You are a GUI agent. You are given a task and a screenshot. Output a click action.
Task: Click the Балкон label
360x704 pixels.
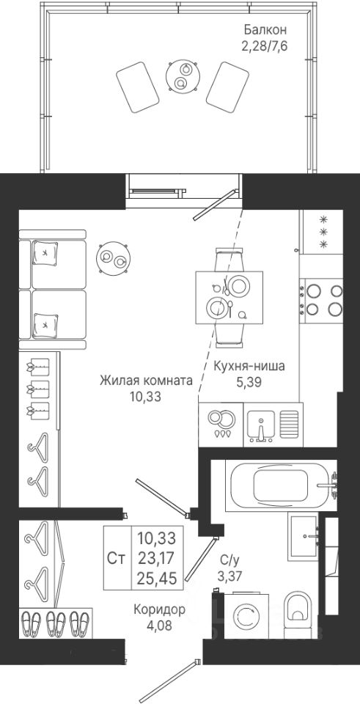tap(265, 31)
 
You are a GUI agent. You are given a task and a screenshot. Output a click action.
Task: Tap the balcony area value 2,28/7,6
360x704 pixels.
tap(264, 45)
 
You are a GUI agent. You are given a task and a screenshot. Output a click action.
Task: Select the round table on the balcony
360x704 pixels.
tap(183, 77)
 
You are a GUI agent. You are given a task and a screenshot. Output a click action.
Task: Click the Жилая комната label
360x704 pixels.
tap(146, 381)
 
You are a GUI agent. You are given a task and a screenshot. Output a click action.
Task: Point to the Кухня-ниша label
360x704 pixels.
tap(249, 367)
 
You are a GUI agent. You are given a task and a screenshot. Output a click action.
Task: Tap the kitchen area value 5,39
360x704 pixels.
tap(249, 382)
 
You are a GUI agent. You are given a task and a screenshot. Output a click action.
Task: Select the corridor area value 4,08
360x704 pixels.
tap(160, 625)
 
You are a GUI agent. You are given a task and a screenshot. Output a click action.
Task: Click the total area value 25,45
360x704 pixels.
tap(157, 576)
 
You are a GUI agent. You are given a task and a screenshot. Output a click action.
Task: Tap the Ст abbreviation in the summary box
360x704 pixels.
tap(117, 557)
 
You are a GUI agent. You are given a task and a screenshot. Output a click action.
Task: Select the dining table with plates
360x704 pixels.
tap(229, 298)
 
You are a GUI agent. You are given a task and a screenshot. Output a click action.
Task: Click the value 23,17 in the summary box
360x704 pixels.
tap(157, 557)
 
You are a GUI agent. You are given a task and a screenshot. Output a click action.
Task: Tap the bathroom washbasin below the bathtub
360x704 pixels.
tap(303, 536)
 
